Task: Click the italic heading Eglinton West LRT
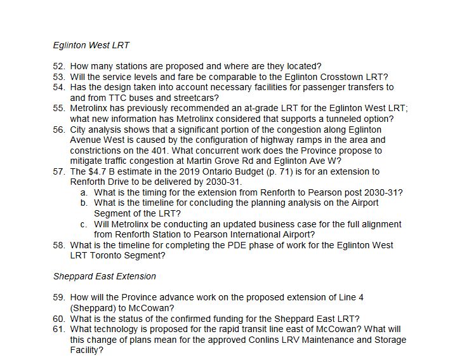pyautogui.click(x=91, y=46)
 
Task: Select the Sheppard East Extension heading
pyautogui.click(x=105, y=276)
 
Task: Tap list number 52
pyautogui.click(x=59, y=66)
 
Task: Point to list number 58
pyautogui.click(x=59, y=245)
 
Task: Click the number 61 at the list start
pyautogui.click(x=59, y=329)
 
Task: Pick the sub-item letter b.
pyautogui.click(x=84, y=203)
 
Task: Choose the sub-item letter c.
pyautogui.click(x=84, y=224)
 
